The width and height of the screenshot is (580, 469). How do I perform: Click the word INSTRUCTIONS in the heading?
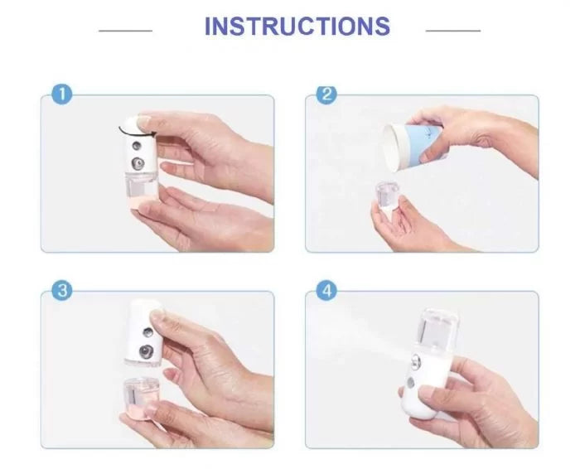tap(297, 26)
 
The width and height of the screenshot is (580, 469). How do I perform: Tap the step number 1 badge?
tap(62, 94)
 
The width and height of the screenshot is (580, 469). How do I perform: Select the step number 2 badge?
tap(326, 94)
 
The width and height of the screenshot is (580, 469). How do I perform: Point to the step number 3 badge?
tap(62, 290)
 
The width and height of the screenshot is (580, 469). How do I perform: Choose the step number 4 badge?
tap(326, 291)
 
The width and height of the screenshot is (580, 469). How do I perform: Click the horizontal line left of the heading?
tap(126, 31)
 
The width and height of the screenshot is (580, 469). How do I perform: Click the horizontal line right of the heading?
tap(453, 31)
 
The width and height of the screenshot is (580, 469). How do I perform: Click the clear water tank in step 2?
tap(386, 197)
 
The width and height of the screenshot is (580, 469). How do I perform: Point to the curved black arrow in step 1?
tap(136, 132)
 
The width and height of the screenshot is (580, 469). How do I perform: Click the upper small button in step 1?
tap(137, 146)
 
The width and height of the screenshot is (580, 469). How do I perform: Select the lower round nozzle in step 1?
tap(138, 163)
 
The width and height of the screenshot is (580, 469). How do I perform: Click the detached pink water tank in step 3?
tap(142, 397)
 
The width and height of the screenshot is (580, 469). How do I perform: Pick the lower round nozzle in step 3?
tap(146, 351)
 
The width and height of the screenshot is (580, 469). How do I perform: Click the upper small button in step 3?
tap(148, 332)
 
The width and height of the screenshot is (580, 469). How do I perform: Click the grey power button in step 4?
tap(411, 383)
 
